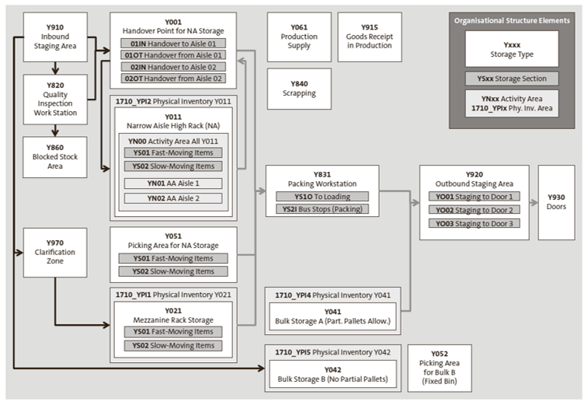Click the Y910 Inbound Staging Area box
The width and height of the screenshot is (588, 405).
54,37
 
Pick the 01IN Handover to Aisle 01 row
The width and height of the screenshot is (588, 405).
172,44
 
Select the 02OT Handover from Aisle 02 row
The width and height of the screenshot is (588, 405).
172,79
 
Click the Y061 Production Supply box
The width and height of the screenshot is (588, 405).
298,37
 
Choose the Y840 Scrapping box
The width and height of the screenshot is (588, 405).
298,88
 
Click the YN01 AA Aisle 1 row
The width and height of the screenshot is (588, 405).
173,183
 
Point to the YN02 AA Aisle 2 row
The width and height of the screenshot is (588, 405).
173,198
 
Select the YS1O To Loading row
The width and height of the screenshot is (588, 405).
322,197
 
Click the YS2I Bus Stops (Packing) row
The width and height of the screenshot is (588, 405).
322,209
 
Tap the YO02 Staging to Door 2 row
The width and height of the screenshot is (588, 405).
473,210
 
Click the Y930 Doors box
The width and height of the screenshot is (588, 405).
556,202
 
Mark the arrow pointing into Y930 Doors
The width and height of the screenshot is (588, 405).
533,202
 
